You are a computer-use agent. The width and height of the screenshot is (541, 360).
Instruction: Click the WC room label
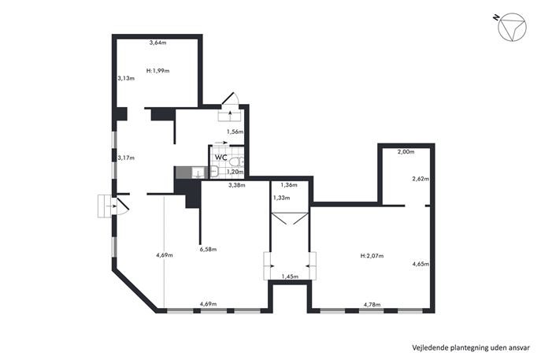(220, 158)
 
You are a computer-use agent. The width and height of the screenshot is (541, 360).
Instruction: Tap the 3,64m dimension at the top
(157, 43)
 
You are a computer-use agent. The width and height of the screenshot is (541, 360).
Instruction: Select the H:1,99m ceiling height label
(157, 71)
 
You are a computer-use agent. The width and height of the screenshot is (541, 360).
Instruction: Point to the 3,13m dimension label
(126, 78)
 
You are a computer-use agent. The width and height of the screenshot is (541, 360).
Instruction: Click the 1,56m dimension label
(235, 132)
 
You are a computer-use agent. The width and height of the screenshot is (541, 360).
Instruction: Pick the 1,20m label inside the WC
(235, 172)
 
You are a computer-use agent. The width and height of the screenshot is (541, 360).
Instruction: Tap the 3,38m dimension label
(237, 185)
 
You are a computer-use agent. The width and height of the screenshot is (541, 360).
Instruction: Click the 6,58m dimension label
(208, 249)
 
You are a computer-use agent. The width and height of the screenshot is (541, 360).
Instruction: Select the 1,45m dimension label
(290, 276)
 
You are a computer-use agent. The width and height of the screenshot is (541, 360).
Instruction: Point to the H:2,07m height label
(372, 256)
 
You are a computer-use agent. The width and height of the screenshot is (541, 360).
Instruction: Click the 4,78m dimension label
(372, 305)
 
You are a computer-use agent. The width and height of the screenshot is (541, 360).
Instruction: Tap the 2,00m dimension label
(406, 151)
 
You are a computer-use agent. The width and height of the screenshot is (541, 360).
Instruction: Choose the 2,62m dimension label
(421, 179)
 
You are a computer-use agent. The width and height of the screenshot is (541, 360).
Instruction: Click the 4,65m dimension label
(421, 264)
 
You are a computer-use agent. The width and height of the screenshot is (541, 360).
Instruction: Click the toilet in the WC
(236, 161)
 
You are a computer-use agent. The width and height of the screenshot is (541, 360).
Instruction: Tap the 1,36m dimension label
(289, 185)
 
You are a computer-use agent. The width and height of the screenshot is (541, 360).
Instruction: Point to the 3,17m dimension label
(126, 158)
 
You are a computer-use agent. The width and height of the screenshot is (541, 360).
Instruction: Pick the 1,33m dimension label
(281, 199)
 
